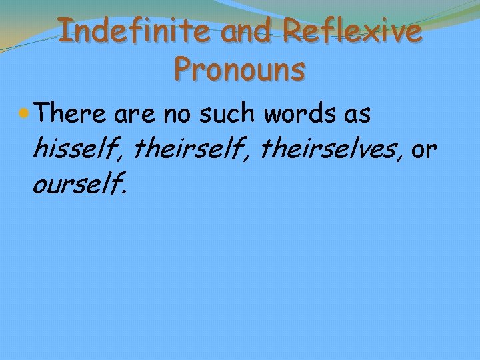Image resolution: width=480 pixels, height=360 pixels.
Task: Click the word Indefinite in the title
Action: point(135,31)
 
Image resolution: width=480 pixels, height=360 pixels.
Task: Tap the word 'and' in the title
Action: point(249,32)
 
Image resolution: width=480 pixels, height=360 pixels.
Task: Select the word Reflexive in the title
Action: point(351,31)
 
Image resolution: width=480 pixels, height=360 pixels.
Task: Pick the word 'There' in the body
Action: point(71,114)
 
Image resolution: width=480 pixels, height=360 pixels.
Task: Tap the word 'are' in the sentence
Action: point(134,115)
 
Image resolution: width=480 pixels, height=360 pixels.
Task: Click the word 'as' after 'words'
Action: point(358,115)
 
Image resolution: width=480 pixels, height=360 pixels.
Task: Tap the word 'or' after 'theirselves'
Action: point(424,151)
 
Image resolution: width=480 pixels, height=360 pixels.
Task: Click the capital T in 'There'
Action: point(45,114)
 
